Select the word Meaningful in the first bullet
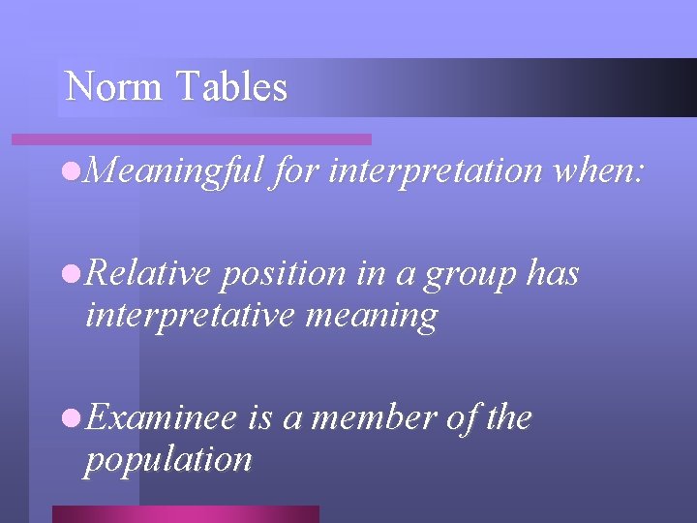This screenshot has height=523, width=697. (x=174, y=171)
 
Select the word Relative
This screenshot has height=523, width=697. (x=148, y=274)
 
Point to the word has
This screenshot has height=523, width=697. (x=553, y=274)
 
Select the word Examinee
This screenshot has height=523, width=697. (x=161, y=418)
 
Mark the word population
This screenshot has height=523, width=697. (x=168, y=460)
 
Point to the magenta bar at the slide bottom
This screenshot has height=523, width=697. (x=185, y=513)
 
